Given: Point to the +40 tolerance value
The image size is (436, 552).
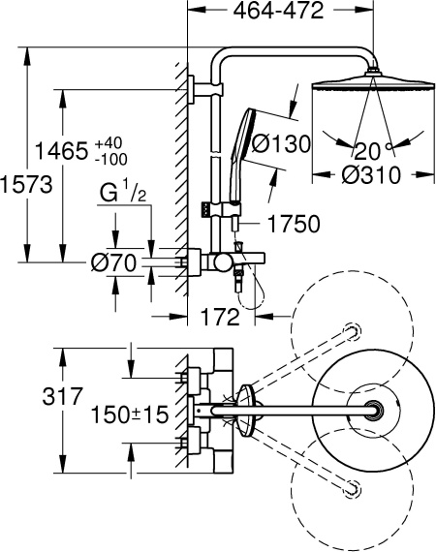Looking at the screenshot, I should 109,141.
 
